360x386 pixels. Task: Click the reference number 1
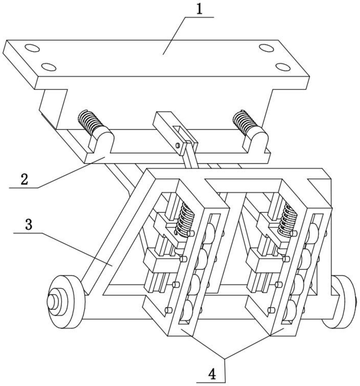(x=199, y=10)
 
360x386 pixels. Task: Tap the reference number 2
(x=24, y=179)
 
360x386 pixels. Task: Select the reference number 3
(x=29, y=224)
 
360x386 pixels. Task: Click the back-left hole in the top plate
(x=32, y=48)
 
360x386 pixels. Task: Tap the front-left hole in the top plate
(x=48, y=67)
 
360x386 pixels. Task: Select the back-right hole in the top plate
(x=266, y=48)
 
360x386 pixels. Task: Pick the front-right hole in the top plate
(x=283, y=67)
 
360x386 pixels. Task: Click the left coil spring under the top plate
(x=90, y=121)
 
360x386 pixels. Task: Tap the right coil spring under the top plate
(x=245, y=122)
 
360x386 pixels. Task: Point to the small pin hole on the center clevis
(x=178, y=145)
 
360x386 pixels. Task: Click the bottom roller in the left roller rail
(x=187, y=309)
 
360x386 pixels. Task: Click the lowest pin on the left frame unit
(x=169, y=310)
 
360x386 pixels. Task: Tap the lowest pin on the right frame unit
(x=271, y=310)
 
